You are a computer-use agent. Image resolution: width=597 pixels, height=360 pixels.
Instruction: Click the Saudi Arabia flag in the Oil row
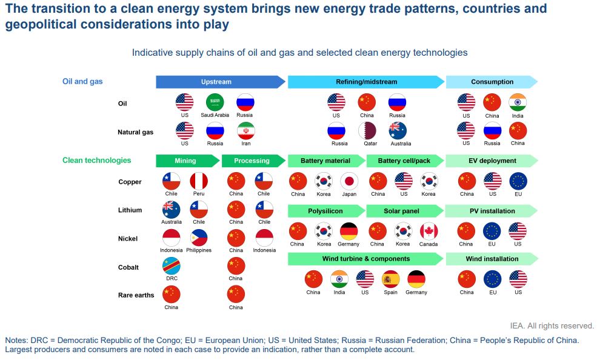tap(215, 102)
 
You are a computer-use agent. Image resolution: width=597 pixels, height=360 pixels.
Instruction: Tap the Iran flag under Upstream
tap(246, 131)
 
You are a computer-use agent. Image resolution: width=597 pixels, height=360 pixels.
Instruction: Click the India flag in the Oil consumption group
tap(518, 102)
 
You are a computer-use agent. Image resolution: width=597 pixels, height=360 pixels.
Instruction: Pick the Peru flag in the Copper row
tap(199, 181)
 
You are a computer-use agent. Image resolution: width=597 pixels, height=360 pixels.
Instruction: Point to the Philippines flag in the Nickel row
tap(199, 238)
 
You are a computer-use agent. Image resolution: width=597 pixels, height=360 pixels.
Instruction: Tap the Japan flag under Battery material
tap(349, 181)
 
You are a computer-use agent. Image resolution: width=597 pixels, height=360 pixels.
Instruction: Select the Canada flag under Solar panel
tap(429, 232)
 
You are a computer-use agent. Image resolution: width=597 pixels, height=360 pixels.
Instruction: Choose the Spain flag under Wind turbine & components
tap(391, 279)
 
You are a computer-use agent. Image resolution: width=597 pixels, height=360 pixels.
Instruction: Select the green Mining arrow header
tap(186, 161)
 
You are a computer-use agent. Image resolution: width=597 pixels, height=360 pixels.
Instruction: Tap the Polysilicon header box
tap(325, 211)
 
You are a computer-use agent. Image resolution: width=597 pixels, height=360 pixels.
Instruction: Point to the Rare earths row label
tap(136, 295)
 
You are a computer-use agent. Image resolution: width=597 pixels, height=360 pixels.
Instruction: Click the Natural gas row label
tap(135, 132)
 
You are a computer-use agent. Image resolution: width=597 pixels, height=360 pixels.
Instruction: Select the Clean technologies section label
tap(96, 161)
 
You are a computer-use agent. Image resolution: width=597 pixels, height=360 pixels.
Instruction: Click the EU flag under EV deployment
tap(518, 181)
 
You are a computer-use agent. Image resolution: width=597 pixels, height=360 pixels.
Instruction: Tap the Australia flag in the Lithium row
tap(172, 210)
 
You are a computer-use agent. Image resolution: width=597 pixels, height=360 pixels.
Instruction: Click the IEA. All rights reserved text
tap(552, 325)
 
